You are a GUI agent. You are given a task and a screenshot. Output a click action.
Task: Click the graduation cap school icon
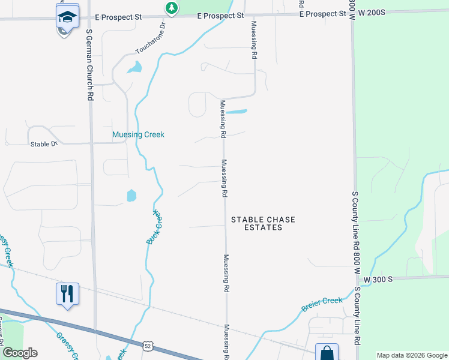point(67,16)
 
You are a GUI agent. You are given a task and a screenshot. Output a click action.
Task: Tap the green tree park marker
point(172,8)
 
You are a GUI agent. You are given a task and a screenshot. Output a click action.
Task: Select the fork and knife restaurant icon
point(67,293)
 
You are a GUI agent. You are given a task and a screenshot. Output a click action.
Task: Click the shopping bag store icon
point(327,352)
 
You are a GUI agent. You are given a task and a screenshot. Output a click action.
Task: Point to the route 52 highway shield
point(148,346)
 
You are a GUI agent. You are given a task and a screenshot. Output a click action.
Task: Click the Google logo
point(20,353)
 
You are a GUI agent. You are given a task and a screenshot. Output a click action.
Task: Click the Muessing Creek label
point(138,135)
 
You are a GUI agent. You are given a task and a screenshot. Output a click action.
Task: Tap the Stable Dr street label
point(43,144)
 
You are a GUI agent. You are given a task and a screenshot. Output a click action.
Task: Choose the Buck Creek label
point(154,227)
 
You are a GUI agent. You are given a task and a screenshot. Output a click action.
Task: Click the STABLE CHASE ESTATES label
point(257,224)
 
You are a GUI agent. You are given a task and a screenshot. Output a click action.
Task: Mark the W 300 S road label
point(378,279)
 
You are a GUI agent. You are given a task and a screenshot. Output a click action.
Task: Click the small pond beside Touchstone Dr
point(135,67)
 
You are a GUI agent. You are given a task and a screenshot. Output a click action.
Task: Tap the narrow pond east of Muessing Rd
point(237,112)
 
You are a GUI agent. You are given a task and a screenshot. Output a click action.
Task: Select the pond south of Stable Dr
point(131,196)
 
